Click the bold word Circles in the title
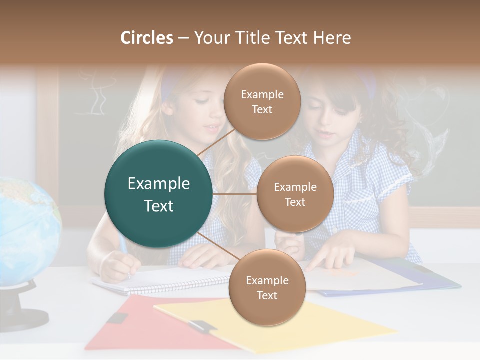click(147, 38)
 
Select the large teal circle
click(159, 194)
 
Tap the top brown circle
click(262, 102)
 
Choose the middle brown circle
click(295, 194)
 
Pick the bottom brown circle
click(267, 287)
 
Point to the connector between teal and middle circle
click(235, 194)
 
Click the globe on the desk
click(27, 230)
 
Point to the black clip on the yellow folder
click(202, 326)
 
